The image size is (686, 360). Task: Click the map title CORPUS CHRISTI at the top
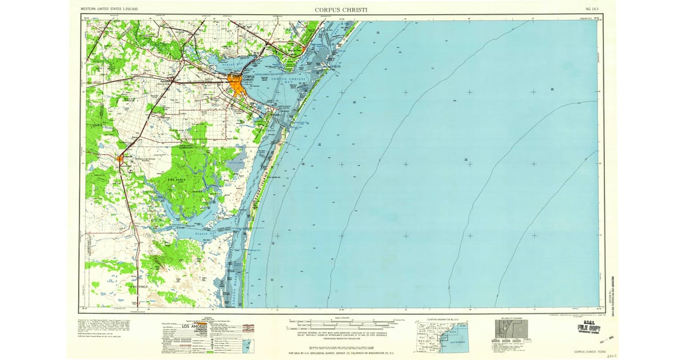point(342,9)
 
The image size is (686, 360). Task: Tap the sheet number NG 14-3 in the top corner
point(592,10)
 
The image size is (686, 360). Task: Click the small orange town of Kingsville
point(121,158)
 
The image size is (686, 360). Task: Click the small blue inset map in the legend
point(248,346)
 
